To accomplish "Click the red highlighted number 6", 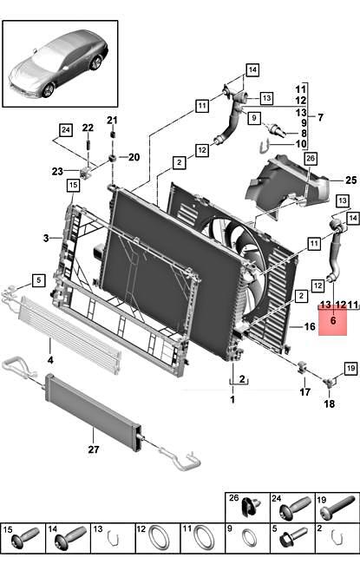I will [331, 318].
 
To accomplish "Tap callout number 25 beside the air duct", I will [350, 180].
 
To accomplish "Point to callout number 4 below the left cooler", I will [49, 359].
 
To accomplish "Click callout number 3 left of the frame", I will [46, 238].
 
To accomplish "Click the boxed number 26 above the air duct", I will [311, 159].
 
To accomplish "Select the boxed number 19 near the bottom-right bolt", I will [350, 369].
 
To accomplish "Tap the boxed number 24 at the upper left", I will [66, 131].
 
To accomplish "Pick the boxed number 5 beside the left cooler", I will [38, 279].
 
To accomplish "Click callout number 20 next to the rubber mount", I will [134, 157].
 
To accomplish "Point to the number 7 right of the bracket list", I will [345, 117].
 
